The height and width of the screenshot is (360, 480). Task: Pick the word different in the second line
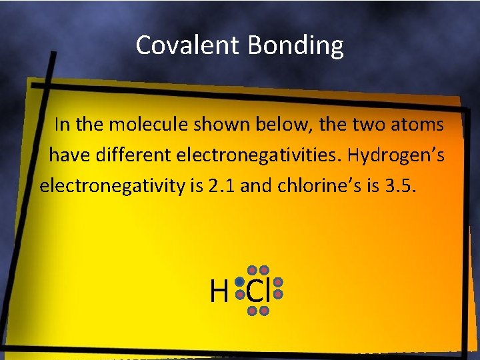tap(137, 155)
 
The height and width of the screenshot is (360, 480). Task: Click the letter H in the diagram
tap(218, 292)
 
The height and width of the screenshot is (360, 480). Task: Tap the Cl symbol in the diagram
tap(257, 291)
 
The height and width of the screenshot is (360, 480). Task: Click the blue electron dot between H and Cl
tap(239, 283)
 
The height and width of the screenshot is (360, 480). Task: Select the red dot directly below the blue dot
tap(239, 294)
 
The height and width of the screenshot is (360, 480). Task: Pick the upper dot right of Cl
tap(279, 283)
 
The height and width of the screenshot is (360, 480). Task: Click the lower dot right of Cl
tap(279, 294)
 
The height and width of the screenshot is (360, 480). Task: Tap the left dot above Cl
tap(253, 270)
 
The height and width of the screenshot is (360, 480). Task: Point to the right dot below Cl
tap(264, 311)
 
